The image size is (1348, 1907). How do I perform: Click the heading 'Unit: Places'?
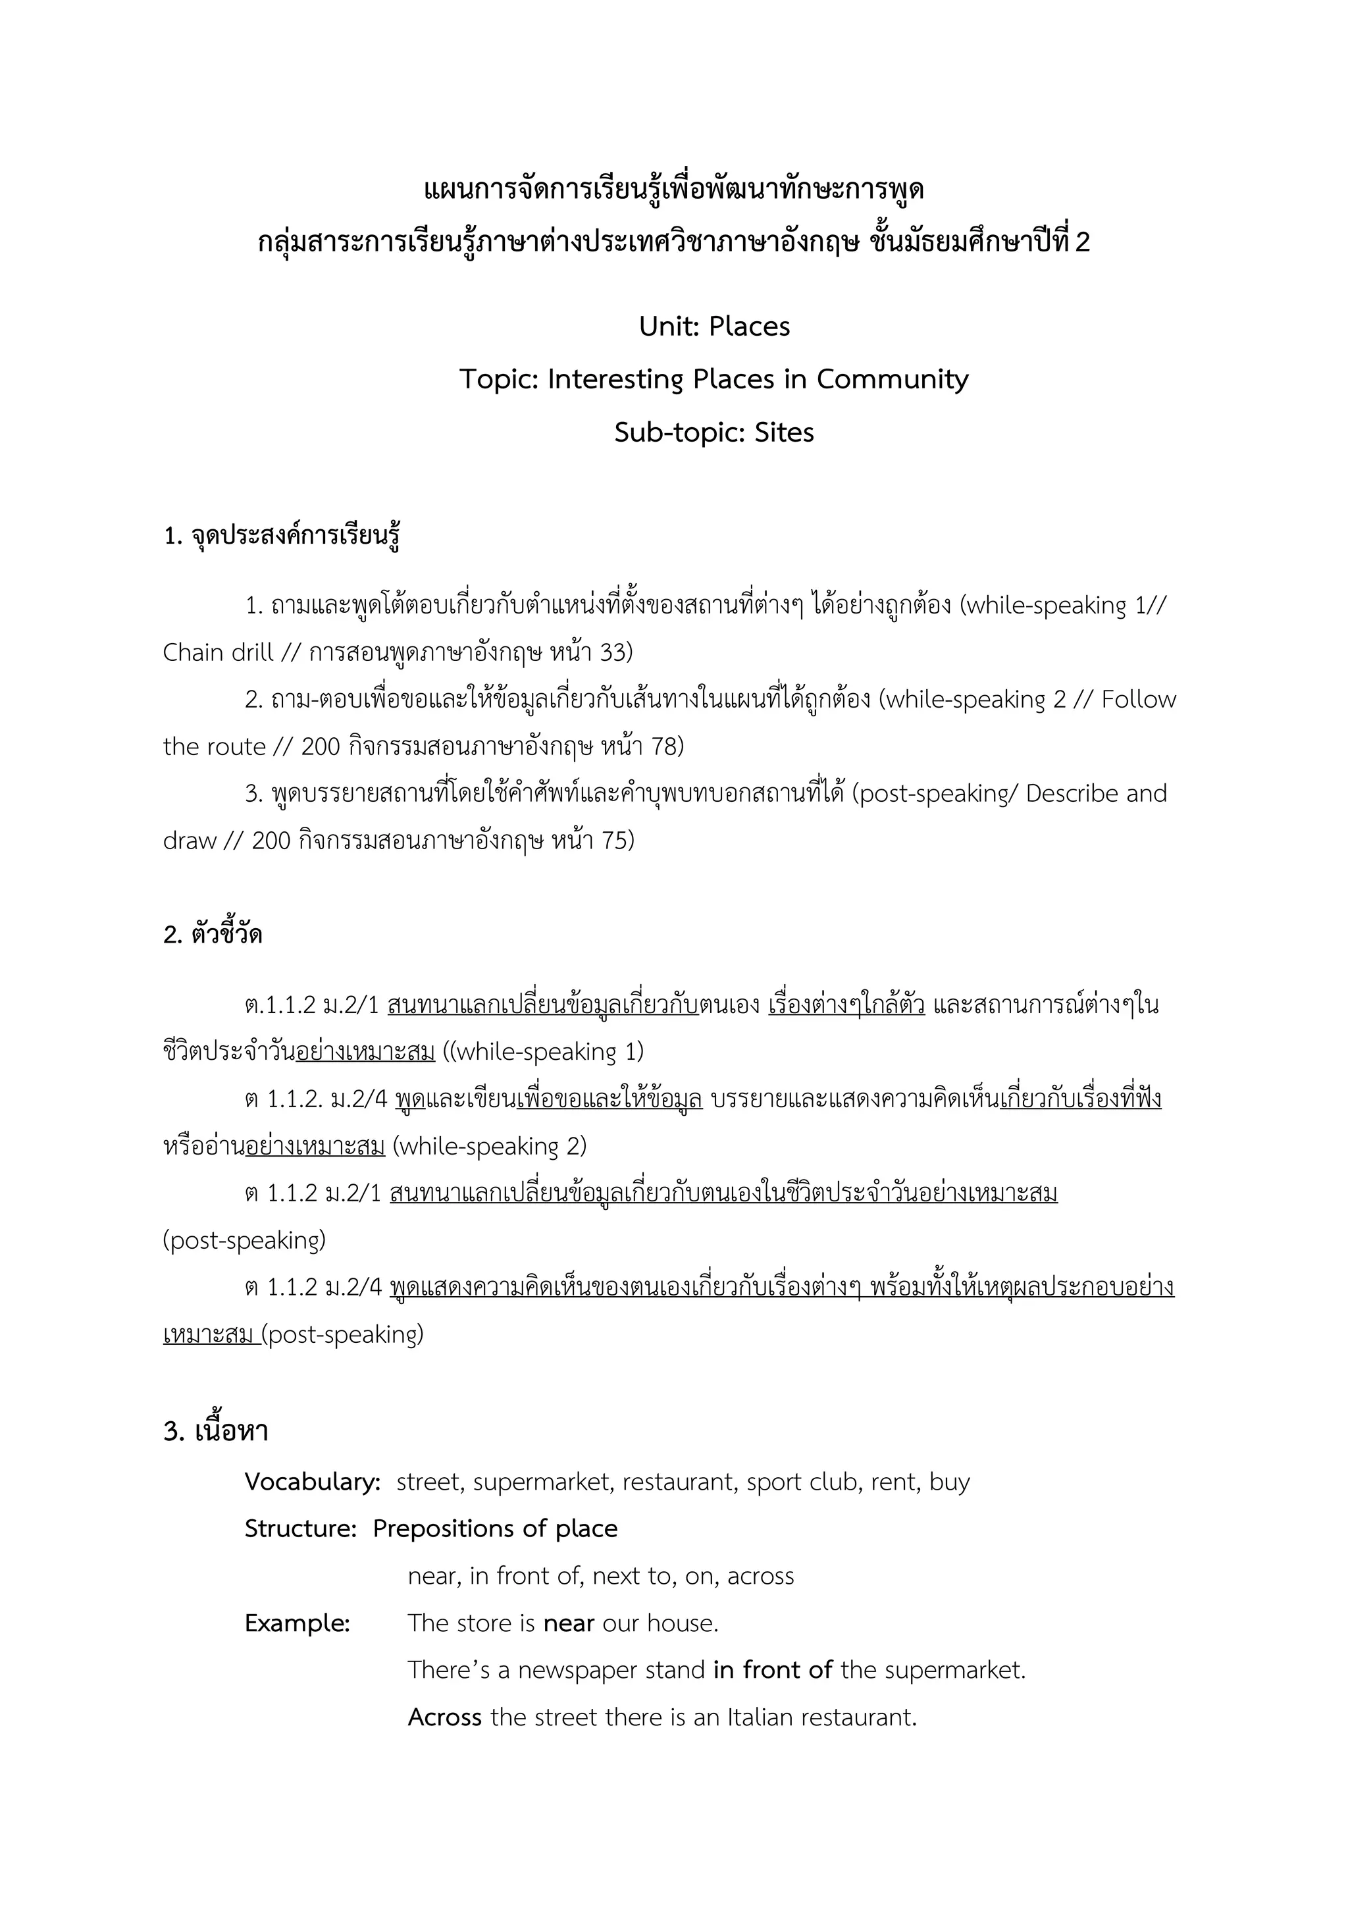point(714,327)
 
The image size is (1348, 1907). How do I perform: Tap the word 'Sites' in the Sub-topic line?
point(784,432)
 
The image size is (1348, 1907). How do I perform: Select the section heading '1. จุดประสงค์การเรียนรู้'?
point(282,536)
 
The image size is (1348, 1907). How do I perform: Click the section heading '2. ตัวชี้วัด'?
point(213,935)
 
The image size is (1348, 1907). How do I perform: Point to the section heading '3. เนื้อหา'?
point(216,1431)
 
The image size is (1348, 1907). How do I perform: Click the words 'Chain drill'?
point(218,653)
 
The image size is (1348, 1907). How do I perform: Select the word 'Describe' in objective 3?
point(1072,794)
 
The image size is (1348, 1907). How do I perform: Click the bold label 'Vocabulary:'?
point(312,1482)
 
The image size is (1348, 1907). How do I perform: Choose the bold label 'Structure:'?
point(300,1529)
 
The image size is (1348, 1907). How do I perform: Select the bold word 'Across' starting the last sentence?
point(444,1717)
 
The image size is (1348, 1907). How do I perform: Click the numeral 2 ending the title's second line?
point(1081,242)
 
